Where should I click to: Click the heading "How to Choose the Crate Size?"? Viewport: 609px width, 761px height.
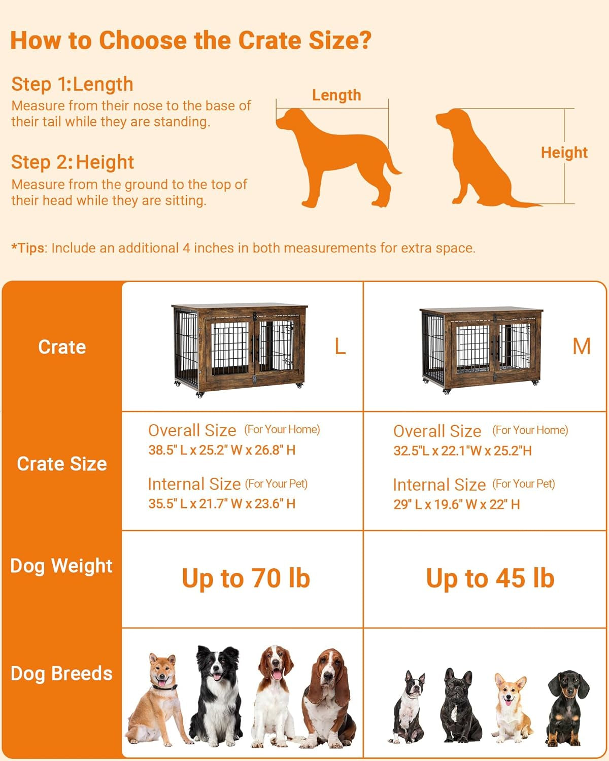click(191, 41)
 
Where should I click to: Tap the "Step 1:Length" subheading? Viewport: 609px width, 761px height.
click(72, 84)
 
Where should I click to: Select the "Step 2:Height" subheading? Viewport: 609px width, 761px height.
click(73, 162)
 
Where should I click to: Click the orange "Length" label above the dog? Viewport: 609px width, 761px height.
click(336, 95)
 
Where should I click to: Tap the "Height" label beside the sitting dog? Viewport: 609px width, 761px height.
click(564, 153)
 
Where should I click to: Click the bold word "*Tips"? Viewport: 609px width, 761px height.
click(28, 248)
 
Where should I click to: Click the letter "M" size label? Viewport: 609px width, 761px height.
click(581, 347)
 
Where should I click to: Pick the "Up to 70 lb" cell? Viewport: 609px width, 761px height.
click(246, 578)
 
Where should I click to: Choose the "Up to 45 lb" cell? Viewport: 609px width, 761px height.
click(490, 578)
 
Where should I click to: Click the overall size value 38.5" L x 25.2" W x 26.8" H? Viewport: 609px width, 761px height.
click(222, 450)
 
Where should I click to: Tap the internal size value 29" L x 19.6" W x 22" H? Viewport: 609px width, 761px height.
click(456, 504)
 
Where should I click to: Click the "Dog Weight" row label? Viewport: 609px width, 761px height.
click(61, 566)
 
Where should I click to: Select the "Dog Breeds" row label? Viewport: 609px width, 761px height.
click(61, 673)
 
